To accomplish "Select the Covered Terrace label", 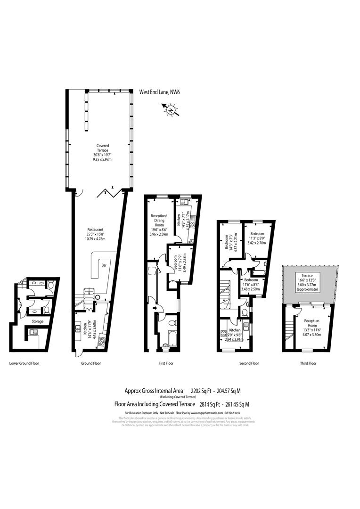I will click(99, 154).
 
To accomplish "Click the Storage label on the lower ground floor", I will click(38, 321).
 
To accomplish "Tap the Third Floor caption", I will click(308, 363).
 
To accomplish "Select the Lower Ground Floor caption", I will click(24, 363).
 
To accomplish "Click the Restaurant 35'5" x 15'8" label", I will click(96, 234).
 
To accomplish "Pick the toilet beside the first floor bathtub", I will click(172, 323).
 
